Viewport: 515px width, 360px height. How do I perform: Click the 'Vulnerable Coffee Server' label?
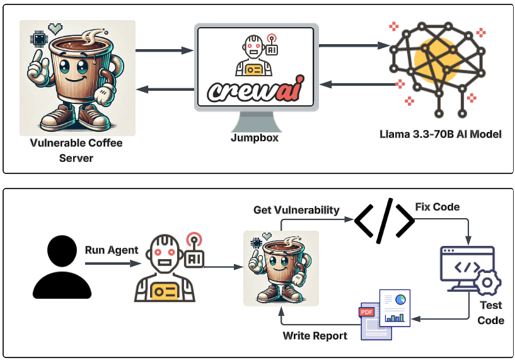coord(76,150)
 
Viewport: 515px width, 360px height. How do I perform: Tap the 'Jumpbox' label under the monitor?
coord(255,137)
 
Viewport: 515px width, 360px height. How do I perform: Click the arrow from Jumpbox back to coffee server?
coord(165,90)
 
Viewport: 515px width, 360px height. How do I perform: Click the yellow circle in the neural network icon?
coord(435,60)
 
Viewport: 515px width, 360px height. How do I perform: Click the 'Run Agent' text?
coord(112,250)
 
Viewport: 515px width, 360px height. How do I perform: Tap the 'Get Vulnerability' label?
coord(296,210)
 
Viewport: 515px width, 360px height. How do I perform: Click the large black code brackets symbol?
coord(384,221)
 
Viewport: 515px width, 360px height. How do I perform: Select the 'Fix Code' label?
coord(437,207)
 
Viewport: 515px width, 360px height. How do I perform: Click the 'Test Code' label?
coord(490,313)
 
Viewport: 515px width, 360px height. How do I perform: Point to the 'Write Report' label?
coord(315,335)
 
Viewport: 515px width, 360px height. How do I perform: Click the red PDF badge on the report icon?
coord(366,311)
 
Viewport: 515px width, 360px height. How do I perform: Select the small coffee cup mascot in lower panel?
coord(281,269)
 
